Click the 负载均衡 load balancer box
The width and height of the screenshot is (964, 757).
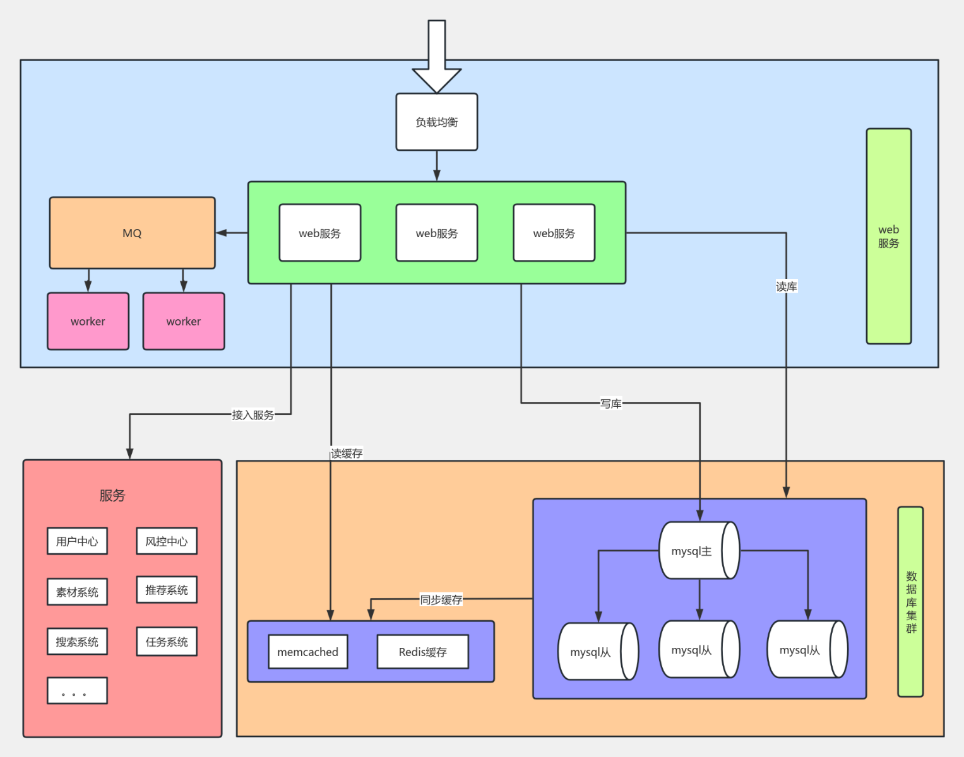[436, 122]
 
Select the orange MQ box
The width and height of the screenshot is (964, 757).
[132, 233]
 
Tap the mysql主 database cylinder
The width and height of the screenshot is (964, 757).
[699, 551]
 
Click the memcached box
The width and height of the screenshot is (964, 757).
[308, 652]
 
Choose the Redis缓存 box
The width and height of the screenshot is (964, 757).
[423, 652]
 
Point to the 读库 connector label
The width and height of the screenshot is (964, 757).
[786, 287]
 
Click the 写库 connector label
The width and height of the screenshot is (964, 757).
[610, 403]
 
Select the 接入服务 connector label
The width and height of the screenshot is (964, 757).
[253, 415]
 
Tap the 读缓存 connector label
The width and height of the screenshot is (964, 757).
[347, 454]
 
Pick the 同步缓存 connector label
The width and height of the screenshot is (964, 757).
[441, 600]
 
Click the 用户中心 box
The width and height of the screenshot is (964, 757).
[77, 541]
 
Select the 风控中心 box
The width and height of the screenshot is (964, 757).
[167, 541]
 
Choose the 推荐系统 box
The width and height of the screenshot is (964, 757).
[167, 590]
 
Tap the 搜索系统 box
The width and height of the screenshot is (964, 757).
[77, 642]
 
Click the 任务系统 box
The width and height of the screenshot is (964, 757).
[167, 642]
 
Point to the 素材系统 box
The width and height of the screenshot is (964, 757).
[77, 592]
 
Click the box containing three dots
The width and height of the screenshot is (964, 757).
[77, 691]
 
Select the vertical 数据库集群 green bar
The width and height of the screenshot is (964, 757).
[910, 602]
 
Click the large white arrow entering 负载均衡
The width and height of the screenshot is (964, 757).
[436, 57]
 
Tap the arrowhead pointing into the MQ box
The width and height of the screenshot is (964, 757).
[221, 233]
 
